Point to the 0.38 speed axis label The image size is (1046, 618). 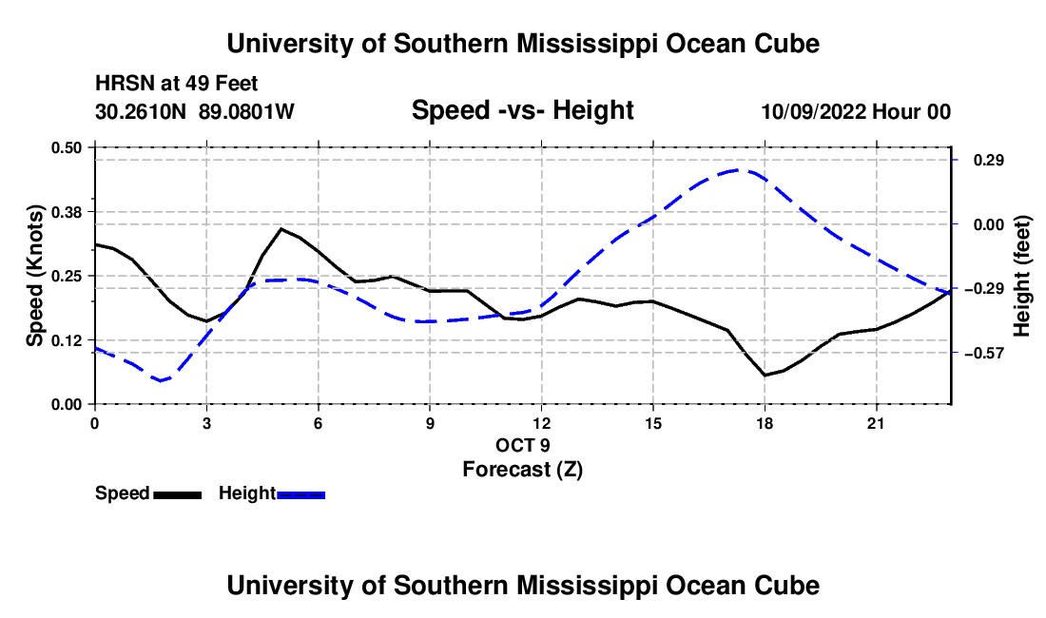66,212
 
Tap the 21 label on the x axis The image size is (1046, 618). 875,423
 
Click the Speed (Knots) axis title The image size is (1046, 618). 34,276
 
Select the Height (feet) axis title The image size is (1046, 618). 1022,276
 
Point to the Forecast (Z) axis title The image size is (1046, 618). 522,470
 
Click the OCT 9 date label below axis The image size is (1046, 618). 522,445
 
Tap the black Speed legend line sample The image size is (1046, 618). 178,494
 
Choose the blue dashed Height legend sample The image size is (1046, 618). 300,494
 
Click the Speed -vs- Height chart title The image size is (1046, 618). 522,110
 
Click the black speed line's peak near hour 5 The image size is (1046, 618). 281,229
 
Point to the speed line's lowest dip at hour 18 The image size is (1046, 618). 765,376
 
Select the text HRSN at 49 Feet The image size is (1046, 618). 176,84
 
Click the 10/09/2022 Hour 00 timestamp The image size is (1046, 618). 856,111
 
